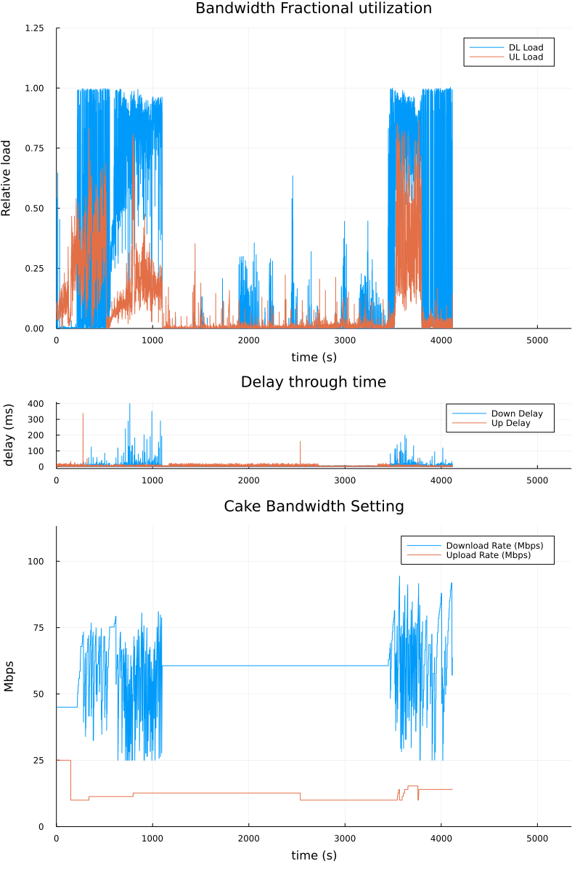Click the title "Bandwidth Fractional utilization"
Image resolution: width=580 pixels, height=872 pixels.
[314, 9]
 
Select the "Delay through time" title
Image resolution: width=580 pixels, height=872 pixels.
[314, 382]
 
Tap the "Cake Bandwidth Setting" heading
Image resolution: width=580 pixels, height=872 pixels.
[314, 506]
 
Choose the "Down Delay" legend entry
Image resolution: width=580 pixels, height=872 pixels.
[517, 413]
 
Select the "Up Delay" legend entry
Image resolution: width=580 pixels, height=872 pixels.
[512, 423]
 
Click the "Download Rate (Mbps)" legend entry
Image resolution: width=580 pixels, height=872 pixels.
[494, 546]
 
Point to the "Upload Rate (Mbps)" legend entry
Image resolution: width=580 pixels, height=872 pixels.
[488, 555]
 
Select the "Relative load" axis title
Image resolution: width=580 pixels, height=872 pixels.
[7, 178]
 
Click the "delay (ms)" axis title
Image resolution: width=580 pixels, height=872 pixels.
[9, 435]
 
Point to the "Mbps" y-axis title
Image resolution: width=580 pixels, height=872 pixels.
[9, 677]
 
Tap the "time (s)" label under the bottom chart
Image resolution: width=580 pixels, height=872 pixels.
[314, 856]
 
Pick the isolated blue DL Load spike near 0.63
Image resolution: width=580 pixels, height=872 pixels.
[293, 178]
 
